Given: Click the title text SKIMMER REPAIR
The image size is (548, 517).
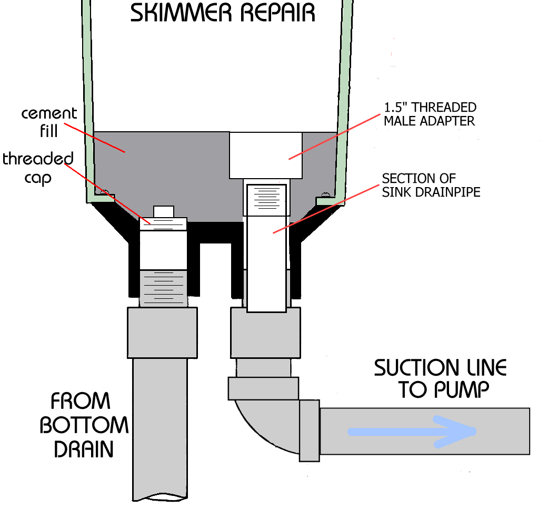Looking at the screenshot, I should [x=222, y=13].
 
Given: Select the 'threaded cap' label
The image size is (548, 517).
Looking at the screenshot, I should [x=37, y=168].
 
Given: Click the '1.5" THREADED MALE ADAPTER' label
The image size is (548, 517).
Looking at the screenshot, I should [x=430, y=114].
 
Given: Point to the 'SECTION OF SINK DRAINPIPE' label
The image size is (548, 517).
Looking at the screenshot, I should [x=431, y=185].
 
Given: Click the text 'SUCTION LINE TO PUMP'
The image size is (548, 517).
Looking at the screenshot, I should [x=440, y=378].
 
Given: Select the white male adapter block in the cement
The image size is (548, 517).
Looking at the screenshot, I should [x=265, y=155].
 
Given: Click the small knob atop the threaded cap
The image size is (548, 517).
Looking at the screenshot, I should [x=163, y=211].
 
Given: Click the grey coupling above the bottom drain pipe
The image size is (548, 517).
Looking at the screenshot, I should [x=162, y=333].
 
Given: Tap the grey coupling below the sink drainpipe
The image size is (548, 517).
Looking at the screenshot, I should [x=265, y=333].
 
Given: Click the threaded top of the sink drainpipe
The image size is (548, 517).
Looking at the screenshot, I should [x=266, y=199].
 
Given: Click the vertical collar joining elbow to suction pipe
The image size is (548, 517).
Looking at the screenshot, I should [x=310, y=430].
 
